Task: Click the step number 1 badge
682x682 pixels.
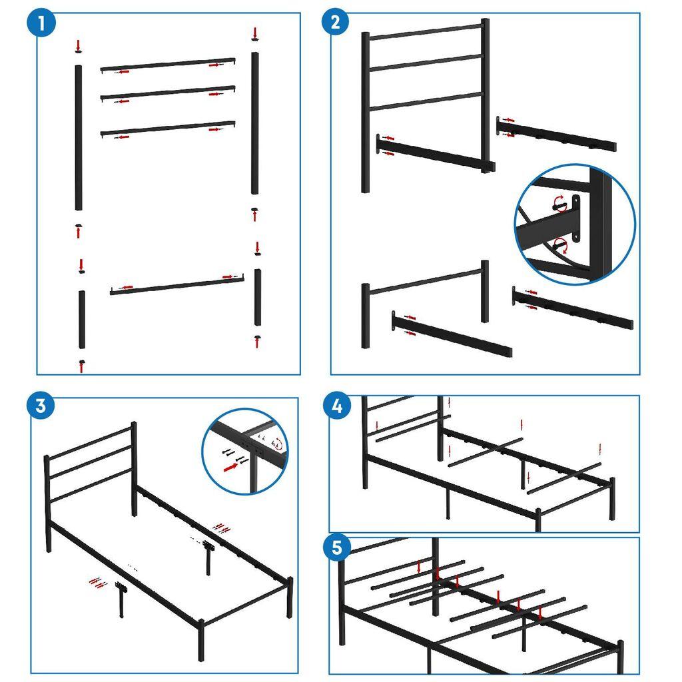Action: (41, 26)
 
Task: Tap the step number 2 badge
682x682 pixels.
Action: (335, 23)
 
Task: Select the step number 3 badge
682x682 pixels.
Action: (41, 406)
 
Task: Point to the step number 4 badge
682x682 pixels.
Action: (338, 406)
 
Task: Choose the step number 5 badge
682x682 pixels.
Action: (338, 547)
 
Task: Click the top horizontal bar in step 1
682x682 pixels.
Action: (168, 65)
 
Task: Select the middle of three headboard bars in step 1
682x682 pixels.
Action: (168, 94)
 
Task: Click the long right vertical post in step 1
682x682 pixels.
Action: (254, 123)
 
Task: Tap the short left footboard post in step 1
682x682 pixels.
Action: (81, 319)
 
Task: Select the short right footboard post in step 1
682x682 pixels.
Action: (258, 297)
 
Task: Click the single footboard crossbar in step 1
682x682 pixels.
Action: (176, 284)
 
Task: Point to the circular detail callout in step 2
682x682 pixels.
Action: (575, 224)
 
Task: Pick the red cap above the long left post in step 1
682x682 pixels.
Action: (79, 46)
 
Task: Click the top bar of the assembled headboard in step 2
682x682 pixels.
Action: (425, 31)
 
